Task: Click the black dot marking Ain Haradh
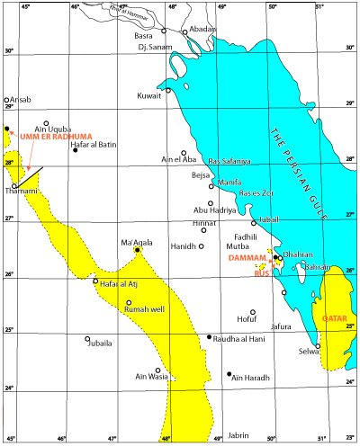[230, 373]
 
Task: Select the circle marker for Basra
[163, 31]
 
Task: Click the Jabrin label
[238, 409]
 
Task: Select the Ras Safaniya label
[229, 160]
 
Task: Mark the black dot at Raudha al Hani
[210, 337]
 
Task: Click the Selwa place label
[309, 352]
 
